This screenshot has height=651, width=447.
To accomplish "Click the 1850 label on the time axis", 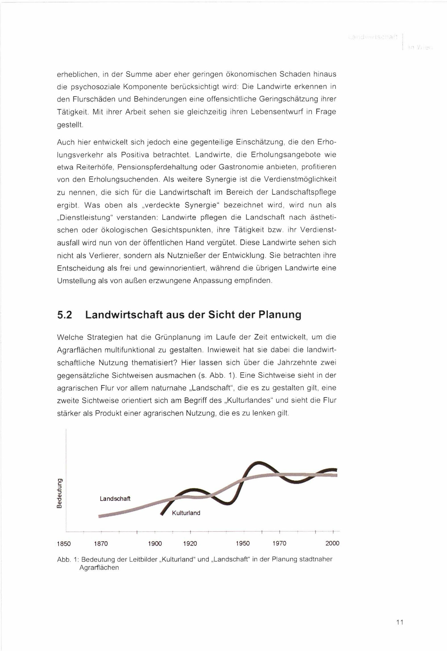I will tap(64, 544).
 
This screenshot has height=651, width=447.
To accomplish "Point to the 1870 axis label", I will tap(101, 544).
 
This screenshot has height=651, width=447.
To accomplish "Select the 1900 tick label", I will tap(155, 544).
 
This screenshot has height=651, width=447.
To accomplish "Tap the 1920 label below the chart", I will tap(190, 544).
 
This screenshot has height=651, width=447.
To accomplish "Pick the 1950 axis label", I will tap(242, 544).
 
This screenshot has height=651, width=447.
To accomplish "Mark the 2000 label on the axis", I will tap(332, 543).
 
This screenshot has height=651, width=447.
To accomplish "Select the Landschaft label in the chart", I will tap(115, 499).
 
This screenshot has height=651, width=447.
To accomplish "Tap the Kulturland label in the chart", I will tap(186, 513).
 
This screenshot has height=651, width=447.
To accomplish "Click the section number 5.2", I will tap(65, 315).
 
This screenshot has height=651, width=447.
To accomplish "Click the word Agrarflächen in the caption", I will tap(99, 568).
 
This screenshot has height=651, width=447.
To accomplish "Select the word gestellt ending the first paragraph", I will tap(70, 124).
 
